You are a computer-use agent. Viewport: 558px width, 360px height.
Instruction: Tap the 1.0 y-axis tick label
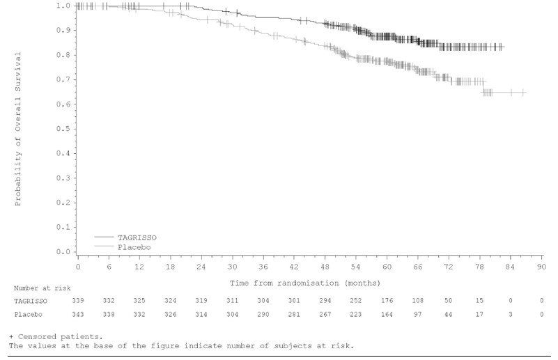tap(63, 6)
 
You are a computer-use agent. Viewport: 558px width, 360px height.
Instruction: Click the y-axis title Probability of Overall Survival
tap(19, 128)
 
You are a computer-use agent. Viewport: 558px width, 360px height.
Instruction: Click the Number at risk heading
tap(42, 288)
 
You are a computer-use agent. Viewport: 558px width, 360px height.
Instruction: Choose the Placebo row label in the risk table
tap(26, 314)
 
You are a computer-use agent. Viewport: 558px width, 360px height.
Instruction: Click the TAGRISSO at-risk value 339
tap(79, 300)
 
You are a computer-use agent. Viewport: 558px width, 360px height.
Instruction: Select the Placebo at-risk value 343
tap(79, 314)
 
